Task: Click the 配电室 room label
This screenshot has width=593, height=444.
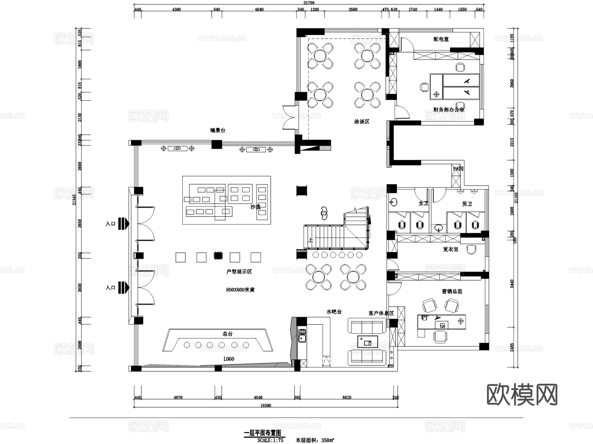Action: click(x=441, y=39)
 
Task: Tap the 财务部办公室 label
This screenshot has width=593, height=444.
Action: click(x=448, y=109)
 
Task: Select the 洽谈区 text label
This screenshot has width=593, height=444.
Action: click(x=361, y=122)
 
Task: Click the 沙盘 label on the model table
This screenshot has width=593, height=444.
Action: click(x=255, y=207)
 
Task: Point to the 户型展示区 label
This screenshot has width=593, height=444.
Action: click(x=239, y=272)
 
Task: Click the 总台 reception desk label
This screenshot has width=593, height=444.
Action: click(x=227, y=334)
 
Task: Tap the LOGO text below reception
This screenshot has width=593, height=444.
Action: click(x=229, y=359)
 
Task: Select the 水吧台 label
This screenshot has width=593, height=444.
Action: click(x=334, y=311)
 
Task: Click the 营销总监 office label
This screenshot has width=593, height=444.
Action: click(x=452, y=291)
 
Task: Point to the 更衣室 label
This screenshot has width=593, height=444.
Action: click(x=450, y=249)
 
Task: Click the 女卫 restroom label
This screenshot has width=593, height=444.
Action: click(x=423, y=203)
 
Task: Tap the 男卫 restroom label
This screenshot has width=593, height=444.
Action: click(x=467, y=204)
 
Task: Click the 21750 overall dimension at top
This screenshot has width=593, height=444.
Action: click(x=309, y=3)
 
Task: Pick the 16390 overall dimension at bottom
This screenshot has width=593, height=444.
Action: click(x=266, y=405)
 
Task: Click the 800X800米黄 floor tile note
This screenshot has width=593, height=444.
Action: click(x=240, y=290)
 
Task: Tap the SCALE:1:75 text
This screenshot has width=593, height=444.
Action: click(x=270, y=440)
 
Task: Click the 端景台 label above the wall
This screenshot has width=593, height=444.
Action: click(x=217, y=131)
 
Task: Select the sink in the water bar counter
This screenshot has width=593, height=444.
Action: click(x=302, y=337)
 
